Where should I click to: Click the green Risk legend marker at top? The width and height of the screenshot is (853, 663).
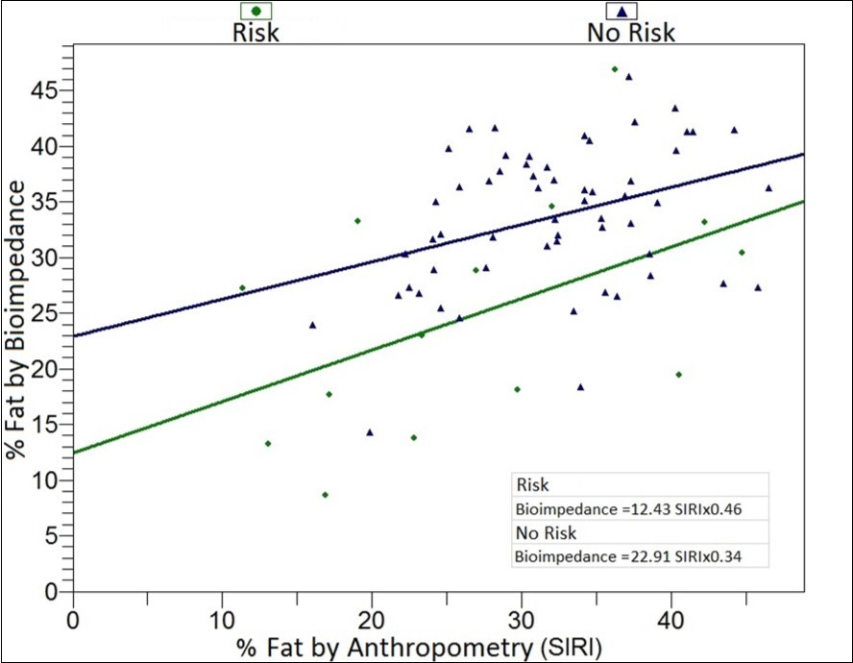coord(256,11)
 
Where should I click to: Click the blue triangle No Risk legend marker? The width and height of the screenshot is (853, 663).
coord(622,12)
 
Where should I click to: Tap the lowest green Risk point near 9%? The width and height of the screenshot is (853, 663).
coord(326,495)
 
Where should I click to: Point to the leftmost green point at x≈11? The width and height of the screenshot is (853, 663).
coord(242,288)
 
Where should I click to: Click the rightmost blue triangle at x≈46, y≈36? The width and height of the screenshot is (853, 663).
coord(768,188)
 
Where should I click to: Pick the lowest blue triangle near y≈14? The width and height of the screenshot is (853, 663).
coord(370,432)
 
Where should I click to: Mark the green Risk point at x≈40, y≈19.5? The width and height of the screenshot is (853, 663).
coord(679,375)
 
